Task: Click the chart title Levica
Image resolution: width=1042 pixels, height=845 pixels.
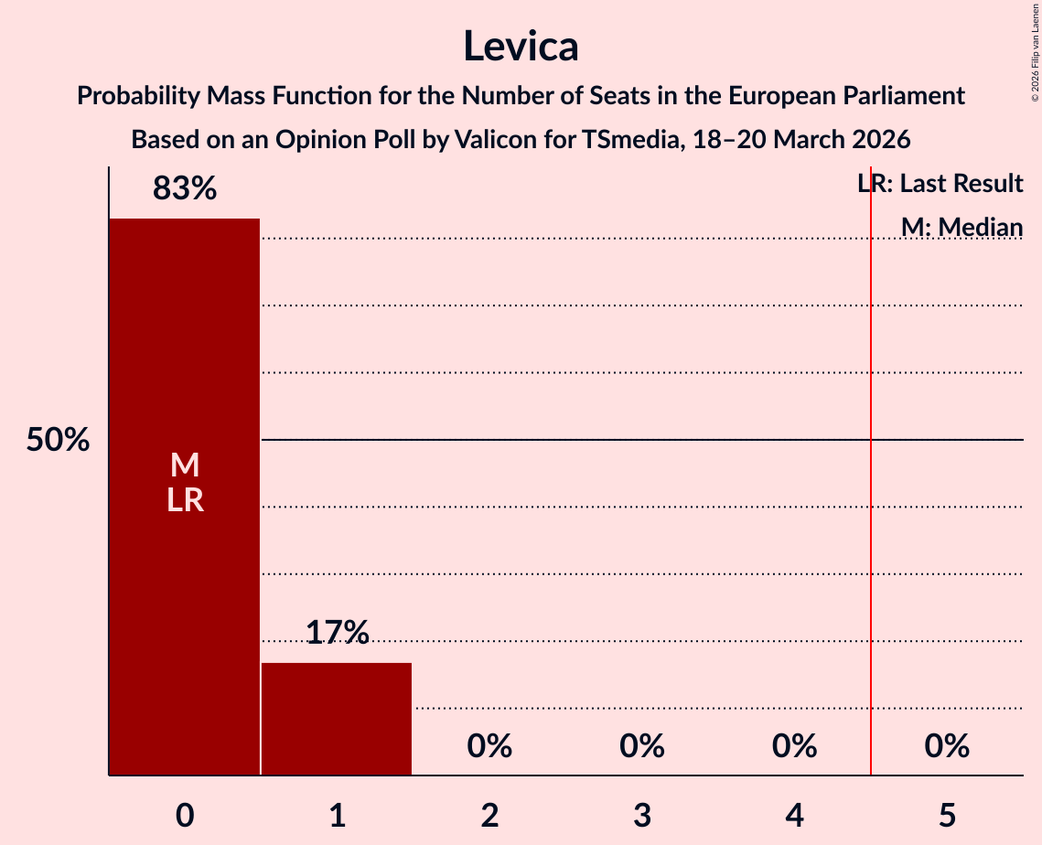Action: [x=521, y=46]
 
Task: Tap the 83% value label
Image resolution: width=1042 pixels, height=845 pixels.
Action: [x=185, y=188]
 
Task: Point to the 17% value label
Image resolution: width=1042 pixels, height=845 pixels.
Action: [x=337, y=632]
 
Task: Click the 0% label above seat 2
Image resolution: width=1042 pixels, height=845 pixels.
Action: [x=489, y=746]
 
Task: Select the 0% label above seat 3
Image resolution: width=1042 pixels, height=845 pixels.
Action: [x=642, y=746]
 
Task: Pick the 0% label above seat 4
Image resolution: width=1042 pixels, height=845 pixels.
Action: [x=794, y=746]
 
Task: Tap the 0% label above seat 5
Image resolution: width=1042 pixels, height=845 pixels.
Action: [x=947, y=746]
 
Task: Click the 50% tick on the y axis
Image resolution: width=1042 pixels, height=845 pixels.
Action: [x=58, y=440]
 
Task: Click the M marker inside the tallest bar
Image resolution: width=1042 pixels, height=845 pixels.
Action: [x=185, y=465]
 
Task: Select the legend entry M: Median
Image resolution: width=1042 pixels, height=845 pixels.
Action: [x=961, y=227]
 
